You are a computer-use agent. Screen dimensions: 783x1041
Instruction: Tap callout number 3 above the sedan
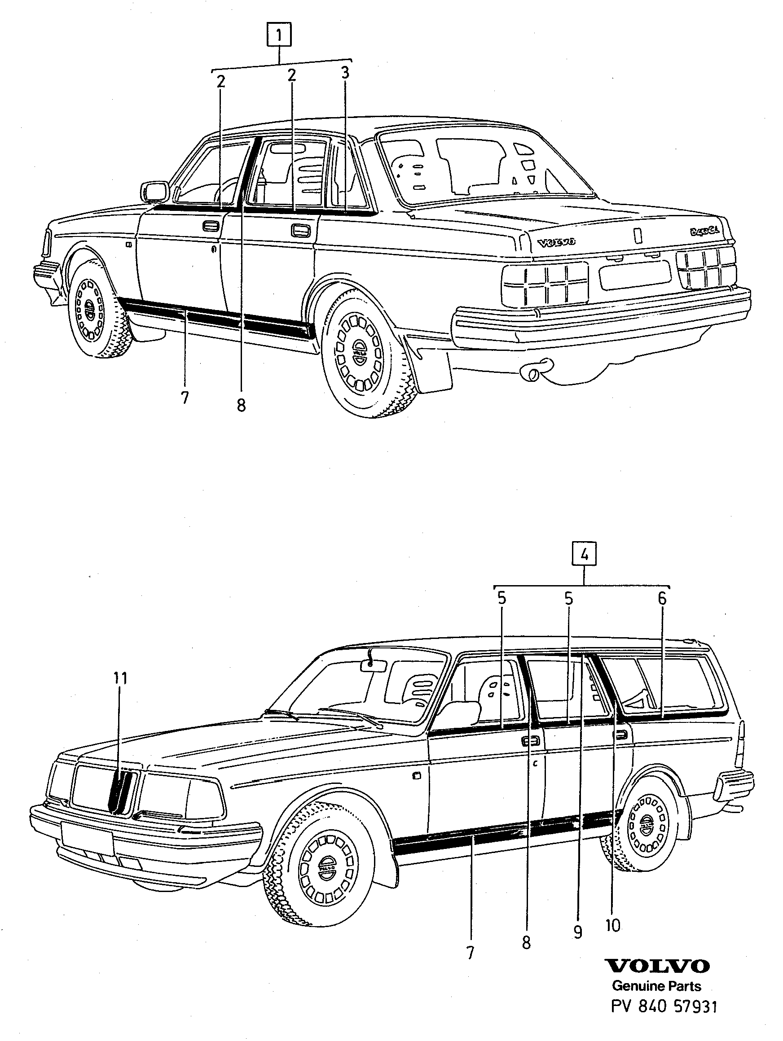pos(345,73)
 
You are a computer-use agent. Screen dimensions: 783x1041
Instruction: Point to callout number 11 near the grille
pos(120,678)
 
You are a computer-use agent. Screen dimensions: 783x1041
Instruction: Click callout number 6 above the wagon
pos(662,599)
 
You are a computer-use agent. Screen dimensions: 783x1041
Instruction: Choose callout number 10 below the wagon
pos(613,926)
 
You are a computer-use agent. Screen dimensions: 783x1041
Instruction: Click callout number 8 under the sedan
pos(242,405)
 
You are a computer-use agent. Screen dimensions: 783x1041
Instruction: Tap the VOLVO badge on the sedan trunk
pos(557,243)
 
